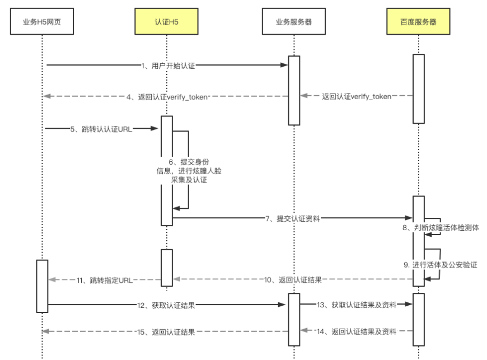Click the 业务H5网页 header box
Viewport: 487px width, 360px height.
click(42, 22)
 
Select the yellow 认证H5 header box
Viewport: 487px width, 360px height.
click(167, 22)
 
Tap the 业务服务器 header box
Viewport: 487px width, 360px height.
click(294, 22)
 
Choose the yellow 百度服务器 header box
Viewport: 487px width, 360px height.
click(418, 22)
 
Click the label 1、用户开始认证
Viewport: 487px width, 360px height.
click(168, 66)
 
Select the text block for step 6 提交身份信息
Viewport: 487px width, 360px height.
click(182, 171)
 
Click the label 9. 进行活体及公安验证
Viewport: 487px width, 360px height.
click(444, 265)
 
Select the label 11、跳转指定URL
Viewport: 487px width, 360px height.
click(105, 279)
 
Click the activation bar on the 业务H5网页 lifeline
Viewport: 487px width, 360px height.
click(42, 286)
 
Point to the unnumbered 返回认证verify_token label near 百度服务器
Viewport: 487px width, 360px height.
click(357, 96)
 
